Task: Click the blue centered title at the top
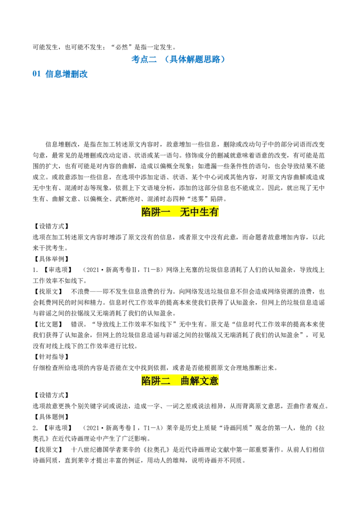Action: pyautogui.click(x=178, y=59)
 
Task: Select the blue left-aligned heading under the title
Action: pyautogui.click(x=61, y=74)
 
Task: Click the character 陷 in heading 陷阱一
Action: pyautogui.click(x=146, y=212)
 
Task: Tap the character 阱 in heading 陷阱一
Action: pyautogui.click(x=156, y=212)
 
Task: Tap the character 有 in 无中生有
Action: pyautogui.click(x=214, y=212)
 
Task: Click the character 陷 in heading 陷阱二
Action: pyautogui.click(x=146, y=381)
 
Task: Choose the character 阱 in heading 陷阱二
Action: pyautogui.click(x=156, y=381)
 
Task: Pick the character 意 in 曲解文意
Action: pyautogui.click(x=214, y=381)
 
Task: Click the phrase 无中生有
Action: pyautogui.click(x=199, y=212)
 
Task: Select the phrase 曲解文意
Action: pyautogui.click(x=199, y=381)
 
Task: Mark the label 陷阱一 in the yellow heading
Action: pyautogui.click(x=156, y=212)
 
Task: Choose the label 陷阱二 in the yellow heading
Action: pyautogui.click(x=156, y=381)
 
